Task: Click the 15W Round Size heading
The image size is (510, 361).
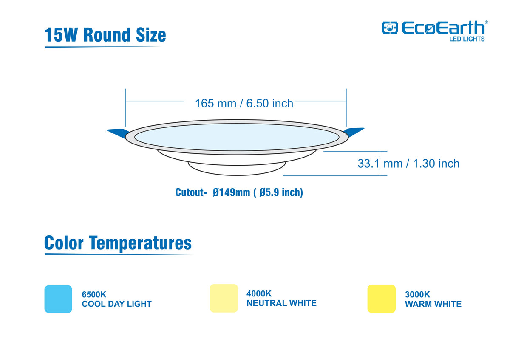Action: coord(105,35)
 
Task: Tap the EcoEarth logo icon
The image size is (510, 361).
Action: coord(390,28)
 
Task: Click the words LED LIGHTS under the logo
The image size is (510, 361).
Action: coord(467,39)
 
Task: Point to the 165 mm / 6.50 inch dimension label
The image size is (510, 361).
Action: coord(244,103)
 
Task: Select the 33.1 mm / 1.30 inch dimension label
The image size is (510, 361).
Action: coord(408,164)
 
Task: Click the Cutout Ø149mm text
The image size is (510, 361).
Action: coord(239,192)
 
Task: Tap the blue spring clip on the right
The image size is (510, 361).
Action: coord(354,132)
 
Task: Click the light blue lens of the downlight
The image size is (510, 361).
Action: coord(237,137)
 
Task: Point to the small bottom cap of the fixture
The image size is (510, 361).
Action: coord(237,169)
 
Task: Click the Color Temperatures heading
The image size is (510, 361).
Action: coord(118,243)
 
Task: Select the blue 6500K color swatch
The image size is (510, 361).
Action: coord(58,299)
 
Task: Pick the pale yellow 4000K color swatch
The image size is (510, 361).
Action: coord(224,298)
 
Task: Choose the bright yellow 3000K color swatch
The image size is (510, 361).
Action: coord(382,299)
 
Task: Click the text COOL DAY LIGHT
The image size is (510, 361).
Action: coord(117,304)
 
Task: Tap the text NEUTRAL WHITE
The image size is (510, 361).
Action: coord(282,303)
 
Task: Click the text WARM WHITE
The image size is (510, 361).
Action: coord(433,304)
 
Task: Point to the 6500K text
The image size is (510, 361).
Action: coord(94,295)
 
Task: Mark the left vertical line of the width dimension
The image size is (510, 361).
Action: coord(126,107)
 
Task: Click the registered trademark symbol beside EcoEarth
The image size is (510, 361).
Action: coord(487,22)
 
